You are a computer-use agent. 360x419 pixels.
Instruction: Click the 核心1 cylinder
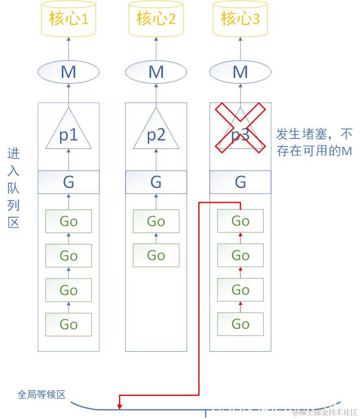[68, 18]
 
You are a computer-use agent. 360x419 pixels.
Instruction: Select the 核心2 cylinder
[156, 18]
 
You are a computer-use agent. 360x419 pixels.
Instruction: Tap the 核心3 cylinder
[240, 18]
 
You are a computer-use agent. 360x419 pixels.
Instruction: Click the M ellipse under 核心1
[68, 72]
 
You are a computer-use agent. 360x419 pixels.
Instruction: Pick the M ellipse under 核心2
[156, 72]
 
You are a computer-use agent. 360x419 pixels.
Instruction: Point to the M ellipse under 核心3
[240, 72]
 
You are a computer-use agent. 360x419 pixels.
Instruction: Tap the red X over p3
[240, 128]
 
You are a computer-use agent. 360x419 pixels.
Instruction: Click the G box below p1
[68, 182]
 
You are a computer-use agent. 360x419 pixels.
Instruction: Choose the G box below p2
[156, 182]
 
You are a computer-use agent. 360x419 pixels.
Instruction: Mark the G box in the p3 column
[240, 182]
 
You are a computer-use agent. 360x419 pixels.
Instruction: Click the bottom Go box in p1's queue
[68, 324]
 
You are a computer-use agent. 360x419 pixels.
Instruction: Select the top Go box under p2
[156, 221]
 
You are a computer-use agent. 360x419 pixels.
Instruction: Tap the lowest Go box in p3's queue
[240, 324]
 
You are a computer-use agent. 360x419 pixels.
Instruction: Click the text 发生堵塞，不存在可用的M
[314, 142]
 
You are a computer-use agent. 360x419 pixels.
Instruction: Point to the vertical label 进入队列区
[13, 188]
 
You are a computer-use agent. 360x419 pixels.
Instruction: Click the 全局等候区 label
[41, 394]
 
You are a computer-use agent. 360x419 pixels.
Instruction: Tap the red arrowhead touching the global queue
[119, 406]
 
